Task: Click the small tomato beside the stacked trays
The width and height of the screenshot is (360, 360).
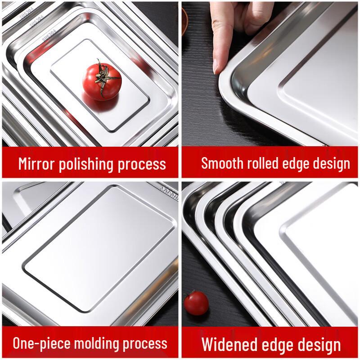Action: point(196,302)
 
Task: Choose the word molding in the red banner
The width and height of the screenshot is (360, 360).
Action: point(99,344)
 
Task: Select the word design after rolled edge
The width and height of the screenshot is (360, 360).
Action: point(328,163)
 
